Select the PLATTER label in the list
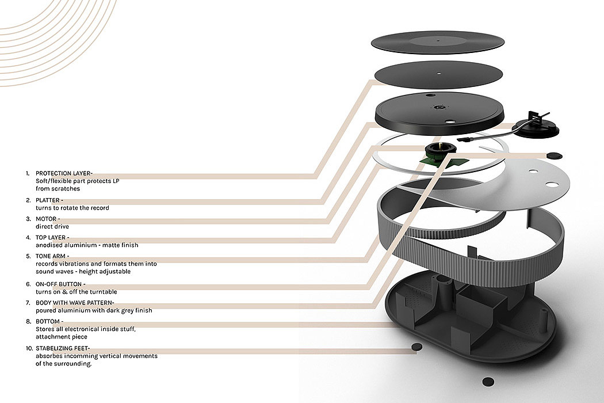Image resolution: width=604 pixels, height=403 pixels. [48, 200]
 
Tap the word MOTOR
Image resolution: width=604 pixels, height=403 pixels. [47, 219]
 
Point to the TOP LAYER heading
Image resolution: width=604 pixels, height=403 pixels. [50, 237]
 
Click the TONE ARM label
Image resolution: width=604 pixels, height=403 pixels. [51, 256]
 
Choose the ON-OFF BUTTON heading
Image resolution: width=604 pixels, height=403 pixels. [60, 284]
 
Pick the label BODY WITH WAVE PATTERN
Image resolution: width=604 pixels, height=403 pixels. [74, 303]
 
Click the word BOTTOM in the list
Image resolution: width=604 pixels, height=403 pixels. [48, 321]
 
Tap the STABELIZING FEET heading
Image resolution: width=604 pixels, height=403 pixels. [62, 348]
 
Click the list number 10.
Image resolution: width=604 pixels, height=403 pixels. [28, 348]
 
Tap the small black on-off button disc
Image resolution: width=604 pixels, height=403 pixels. [554, 155]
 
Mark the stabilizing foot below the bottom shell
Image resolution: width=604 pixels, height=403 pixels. [488, 381]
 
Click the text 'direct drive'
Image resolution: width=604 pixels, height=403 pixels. [52, 227]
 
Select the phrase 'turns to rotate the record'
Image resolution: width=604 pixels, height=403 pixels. [72, 208]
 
